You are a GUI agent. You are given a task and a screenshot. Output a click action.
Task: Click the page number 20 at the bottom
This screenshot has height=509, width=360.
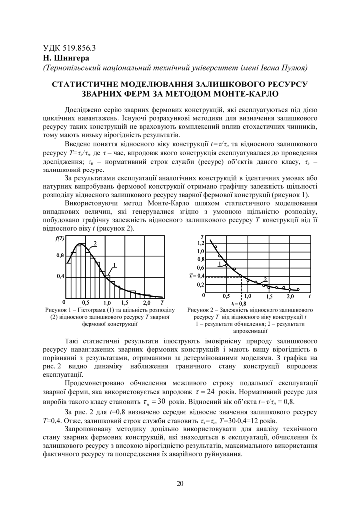click(x=180, y=483)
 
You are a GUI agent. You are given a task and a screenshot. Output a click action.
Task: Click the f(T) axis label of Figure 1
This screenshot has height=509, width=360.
click(x=60, y=238)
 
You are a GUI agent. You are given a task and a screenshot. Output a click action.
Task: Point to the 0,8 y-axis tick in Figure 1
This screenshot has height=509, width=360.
click(x=59, y=255)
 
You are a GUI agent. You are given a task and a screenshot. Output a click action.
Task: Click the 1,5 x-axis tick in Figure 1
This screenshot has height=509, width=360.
click(x=125, y=302)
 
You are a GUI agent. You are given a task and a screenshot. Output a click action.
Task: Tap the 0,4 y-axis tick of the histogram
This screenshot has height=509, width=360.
click(x=59, y=276)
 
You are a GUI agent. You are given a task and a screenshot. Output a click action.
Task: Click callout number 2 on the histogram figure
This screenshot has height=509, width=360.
click(x=94, y=243)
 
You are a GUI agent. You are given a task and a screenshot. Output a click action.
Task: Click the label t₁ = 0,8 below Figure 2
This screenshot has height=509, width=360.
click(x=239, y=303)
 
